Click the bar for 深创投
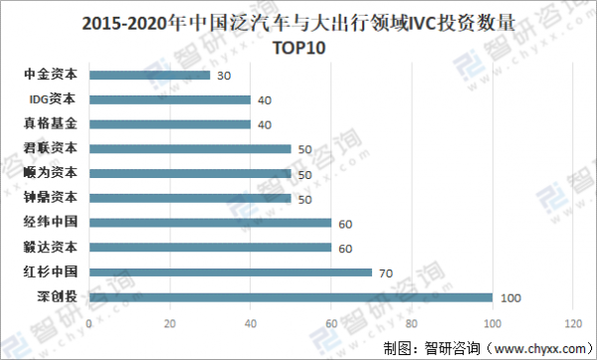(x=291, y=296)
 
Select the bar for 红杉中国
(x=230, y=271)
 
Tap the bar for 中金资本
(x=149, y=75)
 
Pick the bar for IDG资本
(x=169, y=99)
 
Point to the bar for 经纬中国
(x=210, y=222)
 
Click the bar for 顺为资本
(x=189, y=173)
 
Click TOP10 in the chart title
(x=299, y=47)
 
